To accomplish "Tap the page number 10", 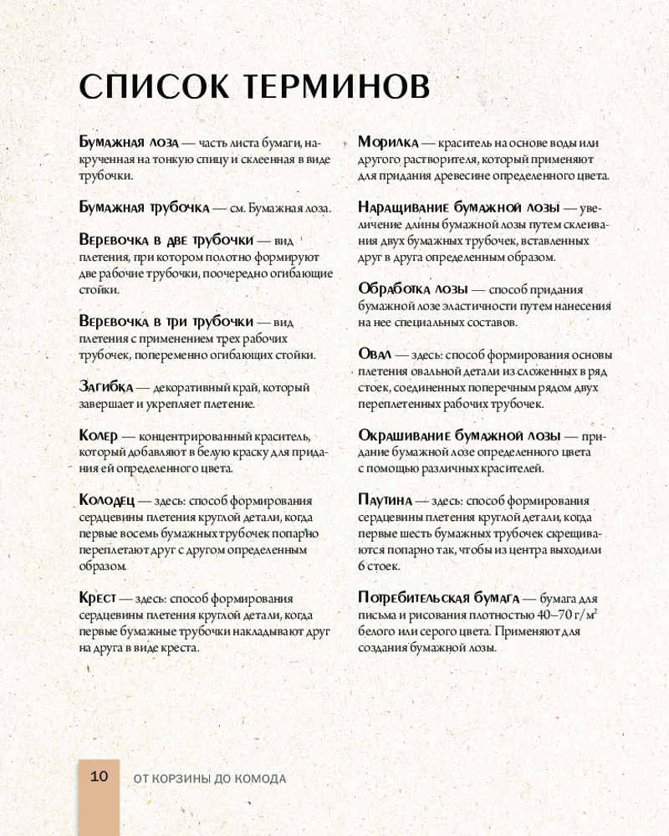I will [x=99, y=777].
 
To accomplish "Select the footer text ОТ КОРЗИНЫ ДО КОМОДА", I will [x=210, y=778].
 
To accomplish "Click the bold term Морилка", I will [x=388, y=143].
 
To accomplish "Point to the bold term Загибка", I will [x=106, y=388].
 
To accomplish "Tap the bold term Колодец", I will [x=107, y=501].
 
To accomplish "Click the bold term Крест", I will [x=97, y=599].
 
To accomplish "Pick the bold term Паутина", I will [x=386, y=501].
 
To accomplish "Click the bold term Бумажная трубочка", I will [x=143, y=207].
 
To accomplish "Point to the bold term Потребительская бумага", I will [x=438, y=599].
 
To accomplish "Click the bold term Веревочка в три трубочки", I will [x=166, y=322].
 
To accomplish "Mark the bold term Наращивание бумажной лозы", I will [x=458, y=207].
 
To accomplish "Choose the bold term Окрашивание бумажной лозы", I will [x=458, y=436].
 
